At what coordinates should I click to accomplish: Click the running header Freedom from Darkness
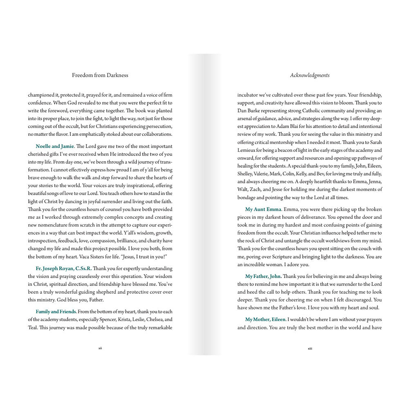(100, 75)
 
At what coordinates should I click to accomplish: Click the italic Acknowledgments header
(310, 75)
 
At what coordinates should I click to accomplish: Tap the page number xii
(100, 348)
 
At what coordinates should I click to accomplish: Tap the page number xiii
(310, 348)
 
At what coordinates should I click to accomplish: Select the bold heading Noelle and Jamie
(55, 146)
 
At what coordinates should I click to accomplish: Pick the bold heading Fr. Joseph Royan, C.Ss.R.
(63, 269)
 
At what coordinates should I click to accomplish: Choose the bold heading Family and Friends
(56, 312)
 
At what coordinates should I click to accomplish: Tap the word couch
(360, 249)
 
